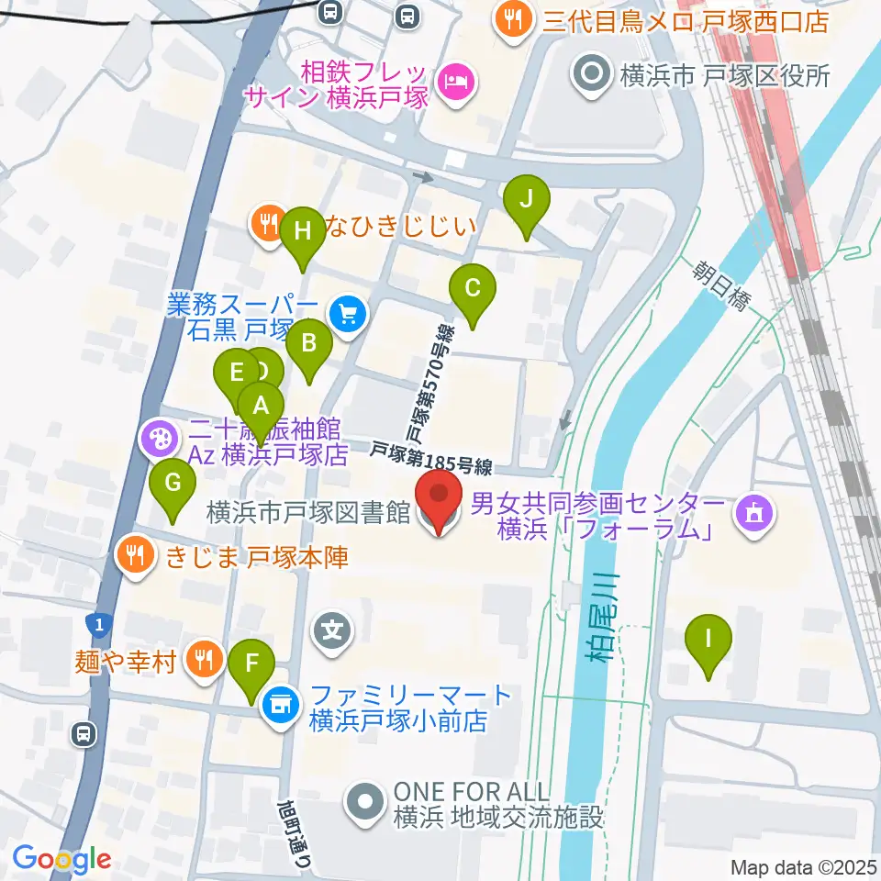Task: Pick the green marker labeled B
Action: click(x=309, y=345)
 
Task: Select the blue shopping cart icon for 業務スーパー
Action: click(x=348, y=316)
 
